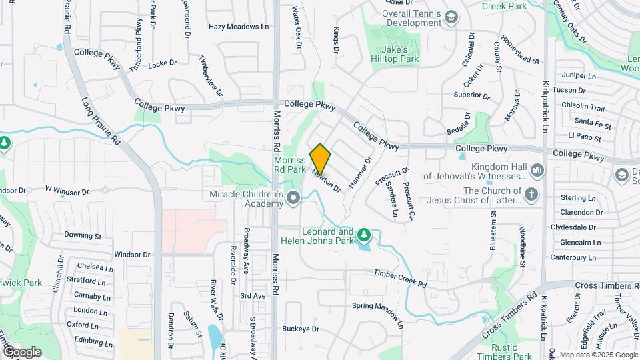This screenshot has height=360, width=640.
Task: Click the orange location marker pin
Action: click(320, 159)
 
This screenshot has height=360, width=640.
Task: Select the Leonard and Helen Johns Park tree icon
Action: click(363, 234)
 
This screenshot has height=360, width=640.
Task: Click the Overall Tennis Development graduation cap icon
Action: click(451, 17)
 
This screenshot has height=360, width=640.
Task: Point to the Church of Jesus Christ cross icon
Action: click(531, 195)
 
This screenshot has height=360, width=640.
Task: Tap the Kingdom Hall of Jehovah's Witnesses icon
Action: click(538, 172)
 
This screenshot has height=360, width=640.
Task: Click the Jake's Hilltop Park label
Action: click(399, 54)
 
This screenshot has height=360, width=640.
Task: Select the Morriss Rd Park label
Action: click(289, 165)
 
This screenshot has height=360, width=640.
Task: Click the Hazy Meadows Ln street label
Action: click(238, 27)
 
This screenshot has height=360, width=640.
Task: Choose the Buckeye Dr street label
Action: click(301, 329)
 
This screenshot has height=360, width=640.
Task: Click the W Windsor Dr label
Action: click(67, 191)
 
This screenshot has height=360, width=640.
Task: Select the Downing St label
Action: click(82, 235)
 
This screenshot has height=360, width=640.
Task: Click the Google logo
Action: click(22, 351)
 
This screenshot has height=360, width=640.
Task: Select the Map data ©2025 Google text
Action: click(598, 355)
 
